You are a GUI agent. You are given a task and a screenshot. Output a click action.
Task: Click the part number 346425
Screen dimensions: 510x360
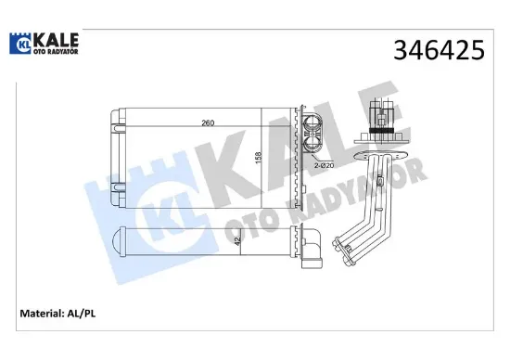click(x=439, y=50)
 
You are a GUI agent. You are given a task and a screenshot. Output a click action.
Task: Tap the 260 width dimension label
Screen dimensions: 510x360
click(x=208, y=123)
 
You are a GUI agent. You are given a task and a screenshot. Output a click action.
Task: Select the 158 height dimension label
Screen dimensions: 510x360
click(x=259, y=158)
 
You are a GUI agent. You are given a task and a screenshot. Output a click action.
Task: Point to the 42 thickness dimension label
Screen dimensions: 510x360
click(x=237, y=241)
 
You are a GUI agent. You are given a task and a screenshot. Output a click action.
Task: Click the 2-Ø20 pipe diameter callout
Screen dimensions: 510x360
click(x=325, y=165)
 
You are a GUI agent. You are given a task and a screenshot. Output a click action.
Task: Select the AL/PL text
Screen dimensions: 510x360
click(x=82, y=314)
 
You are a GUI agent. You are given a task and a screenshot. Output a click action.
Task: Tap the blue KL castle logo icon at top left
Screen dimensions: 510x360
click(x=20, y=44)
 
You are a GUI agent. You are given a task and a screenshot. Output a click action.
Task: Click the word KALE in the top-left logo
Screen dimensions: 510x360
click(x=56, y=41)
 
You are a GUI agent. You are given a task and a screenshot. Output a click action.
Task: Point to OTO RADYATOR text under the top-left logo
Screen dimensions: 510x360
click(x=56, y=51)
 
